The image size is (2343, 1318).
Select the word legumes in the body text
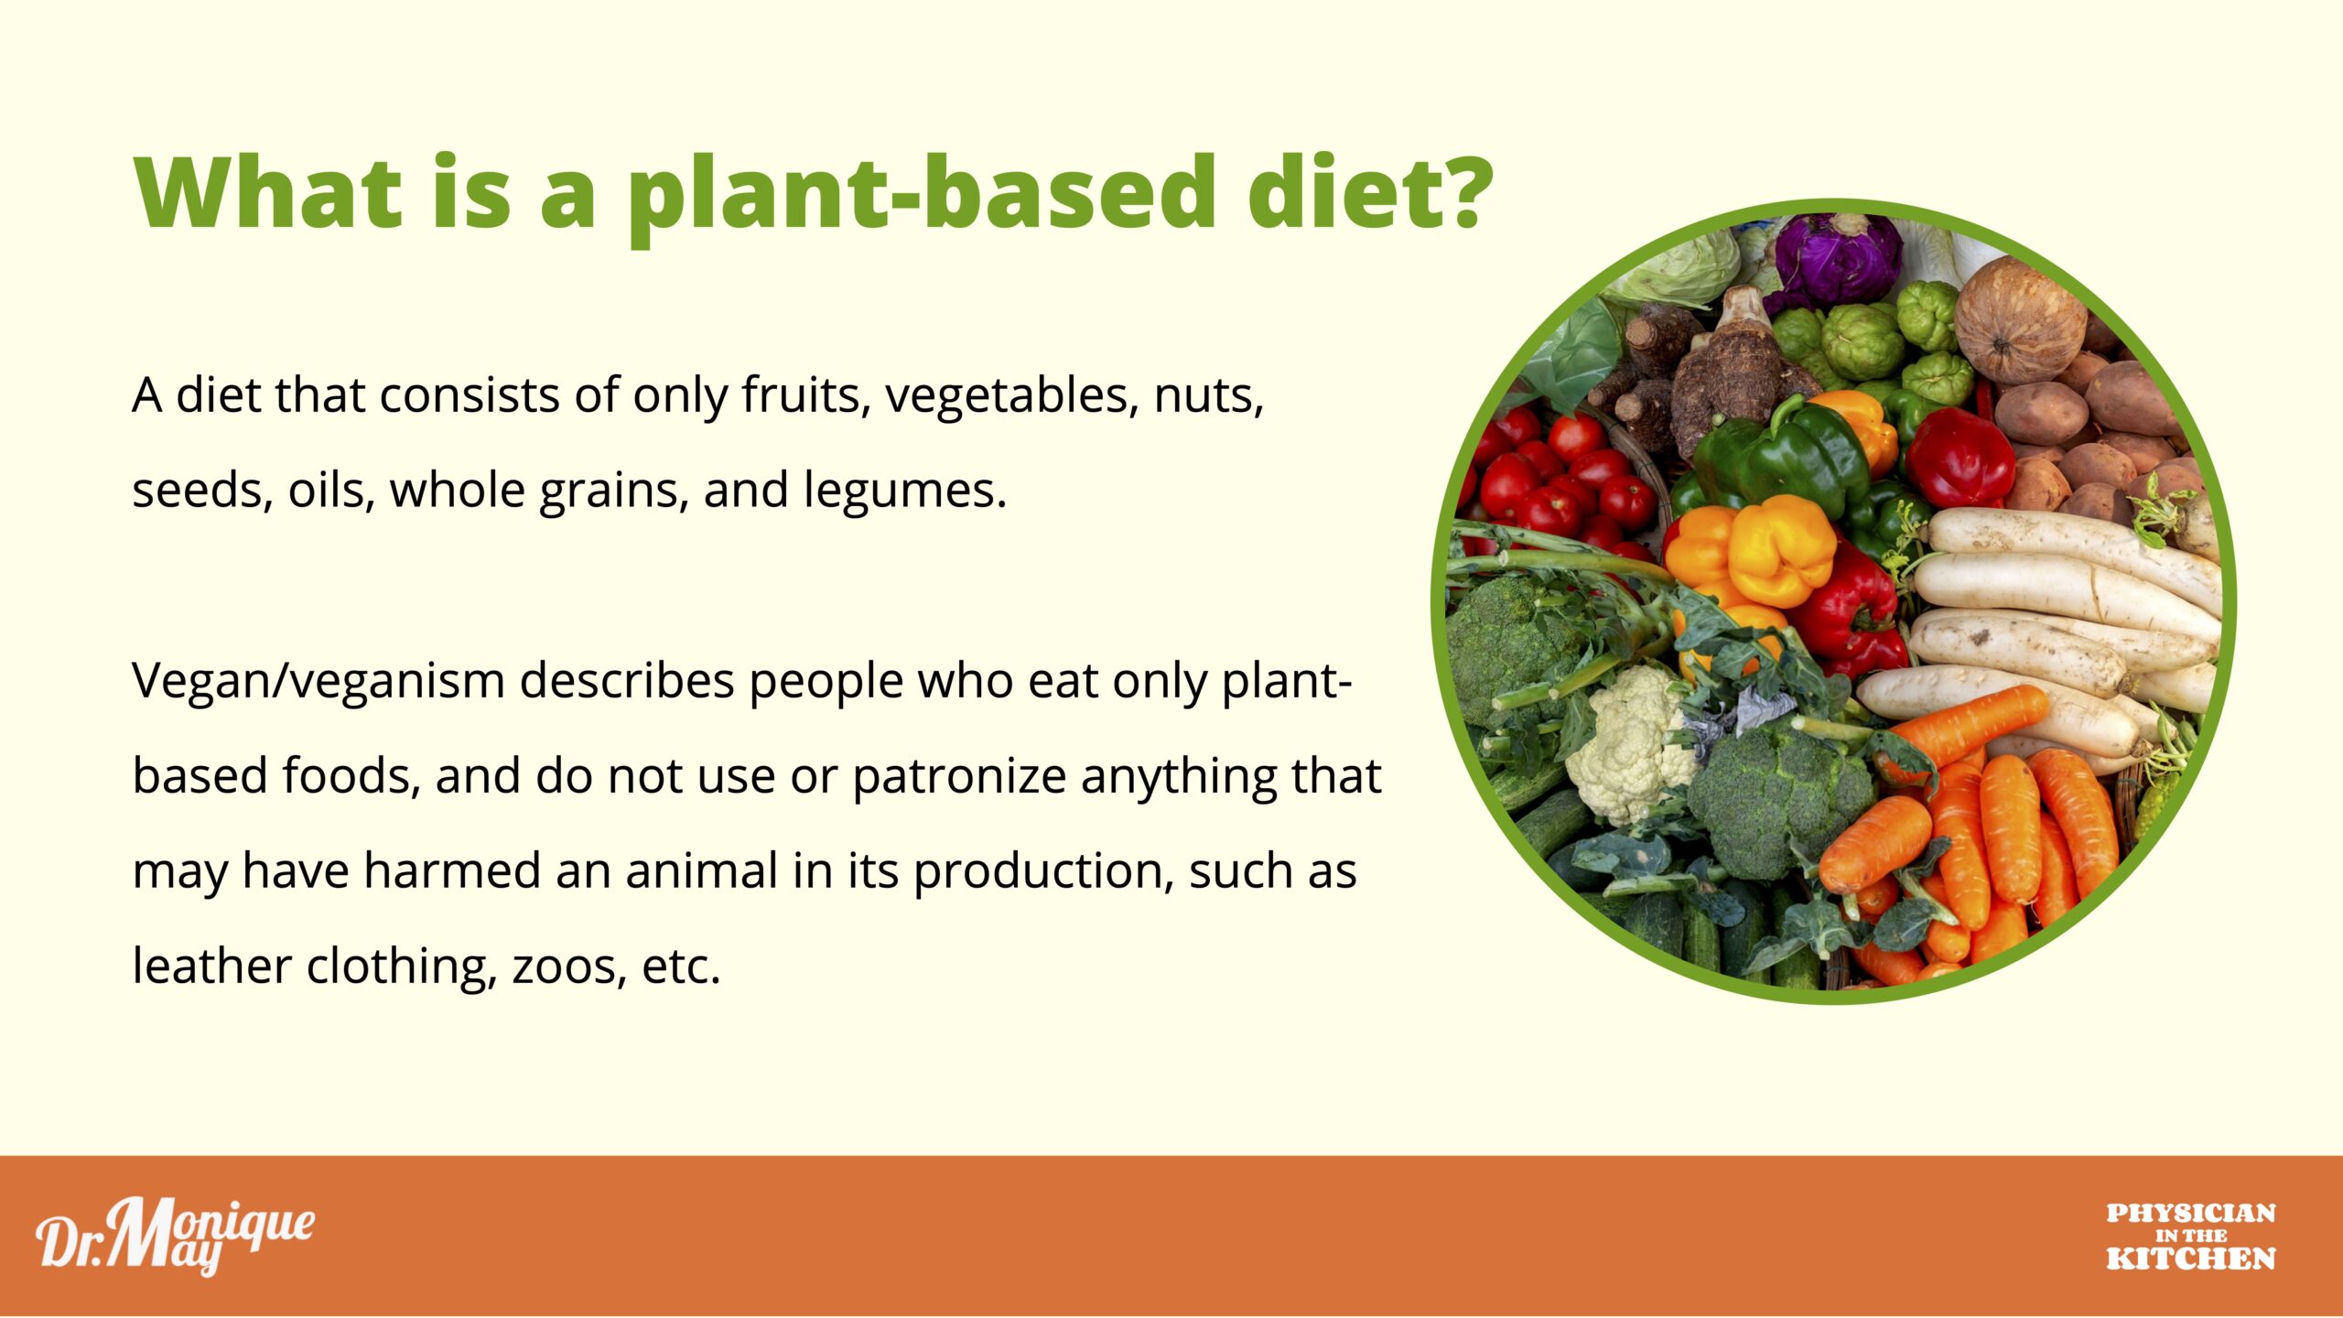pyautogui.click(x=903, y=492)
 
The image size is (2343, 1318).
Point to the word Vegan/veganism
pyautogui.click(x=319, y=683)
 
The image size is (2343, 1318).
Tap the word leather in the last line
pyautogui.click(x=211, y=966)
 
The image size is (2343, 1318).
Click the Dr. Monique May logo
pyautogui.click(x=175, y=1235)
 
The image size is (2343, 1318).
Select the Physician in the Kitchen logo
pyautogui.click(x=2191, y=1237)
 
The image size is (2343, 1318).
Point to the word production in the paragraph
pyautogui.click(x=1044, y=872)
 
